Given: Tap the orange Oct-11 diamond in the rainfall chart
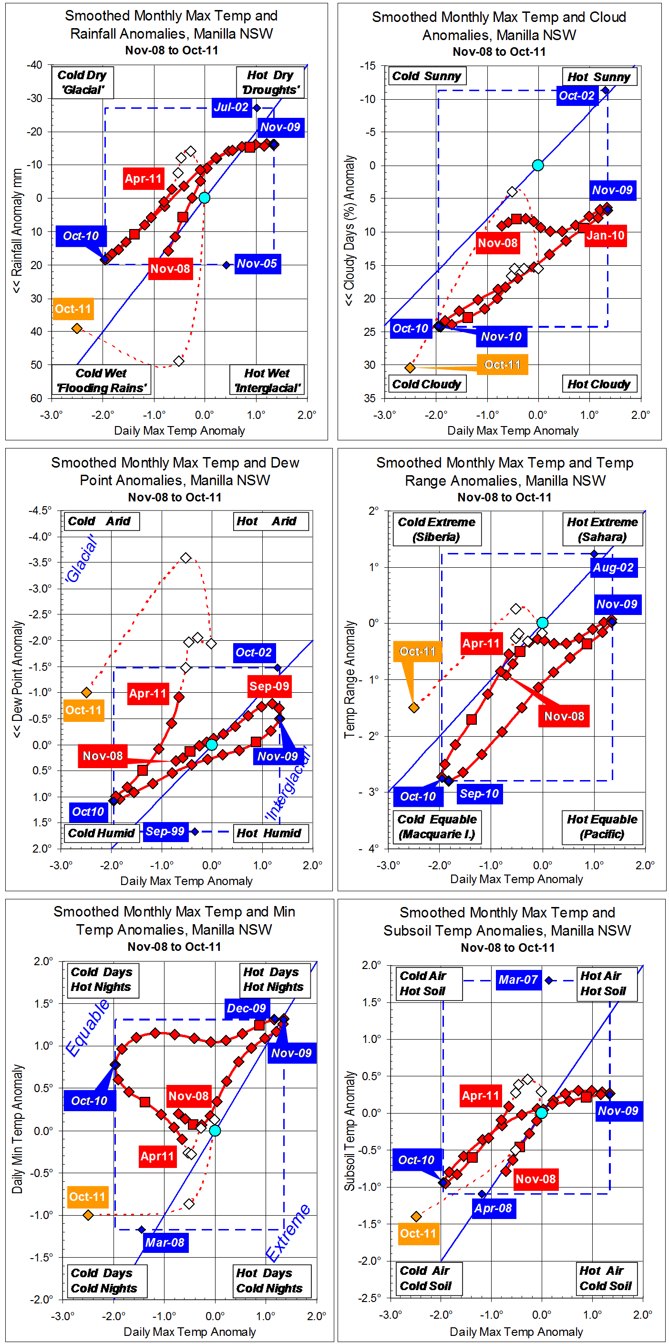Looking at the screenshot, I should coord(77,328).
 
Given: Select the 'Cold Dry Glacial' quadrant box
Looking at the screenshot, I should coord(82,83).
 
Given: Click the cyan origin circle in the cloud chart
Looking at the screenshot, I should coord(537,166).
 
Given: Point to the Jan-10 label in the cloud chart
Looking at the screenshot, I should coord(605,235).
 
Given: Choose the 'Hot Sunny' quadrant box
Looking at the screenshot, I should coord(598,77).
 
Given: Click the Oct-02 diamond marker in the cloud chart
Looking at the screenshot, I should coord(606,91).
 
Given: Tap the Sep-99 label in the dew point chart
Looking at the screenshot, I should coord(165,831).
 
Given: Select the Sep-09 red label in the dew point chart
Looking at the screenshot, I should coord(269,686).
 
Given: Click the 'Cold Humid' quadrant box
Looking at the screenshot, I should coord(101,833).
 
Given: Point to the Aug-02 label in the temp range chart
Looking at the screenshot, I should coord(613,568).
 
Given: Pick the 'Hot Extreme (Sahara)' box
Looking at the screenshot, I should coord(602,529).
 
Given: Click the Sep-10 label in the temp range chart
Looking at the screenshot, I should coord(479,793).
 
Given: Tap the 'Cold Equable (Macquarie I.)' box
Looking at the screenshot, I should coord(437,826).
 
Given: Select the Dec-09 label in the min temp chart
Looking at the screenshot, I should coord(246,1008).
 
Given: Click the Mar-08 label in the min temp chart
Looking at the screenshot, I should coord(165,1242).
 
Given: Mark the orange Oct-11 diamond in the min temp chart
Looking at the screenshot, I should coord(88,1215).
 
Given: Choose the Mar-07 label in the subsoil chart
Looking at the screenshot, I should coord(518,980).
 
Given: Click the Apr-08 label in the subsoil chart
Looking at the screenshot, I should coord(493,1208).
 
